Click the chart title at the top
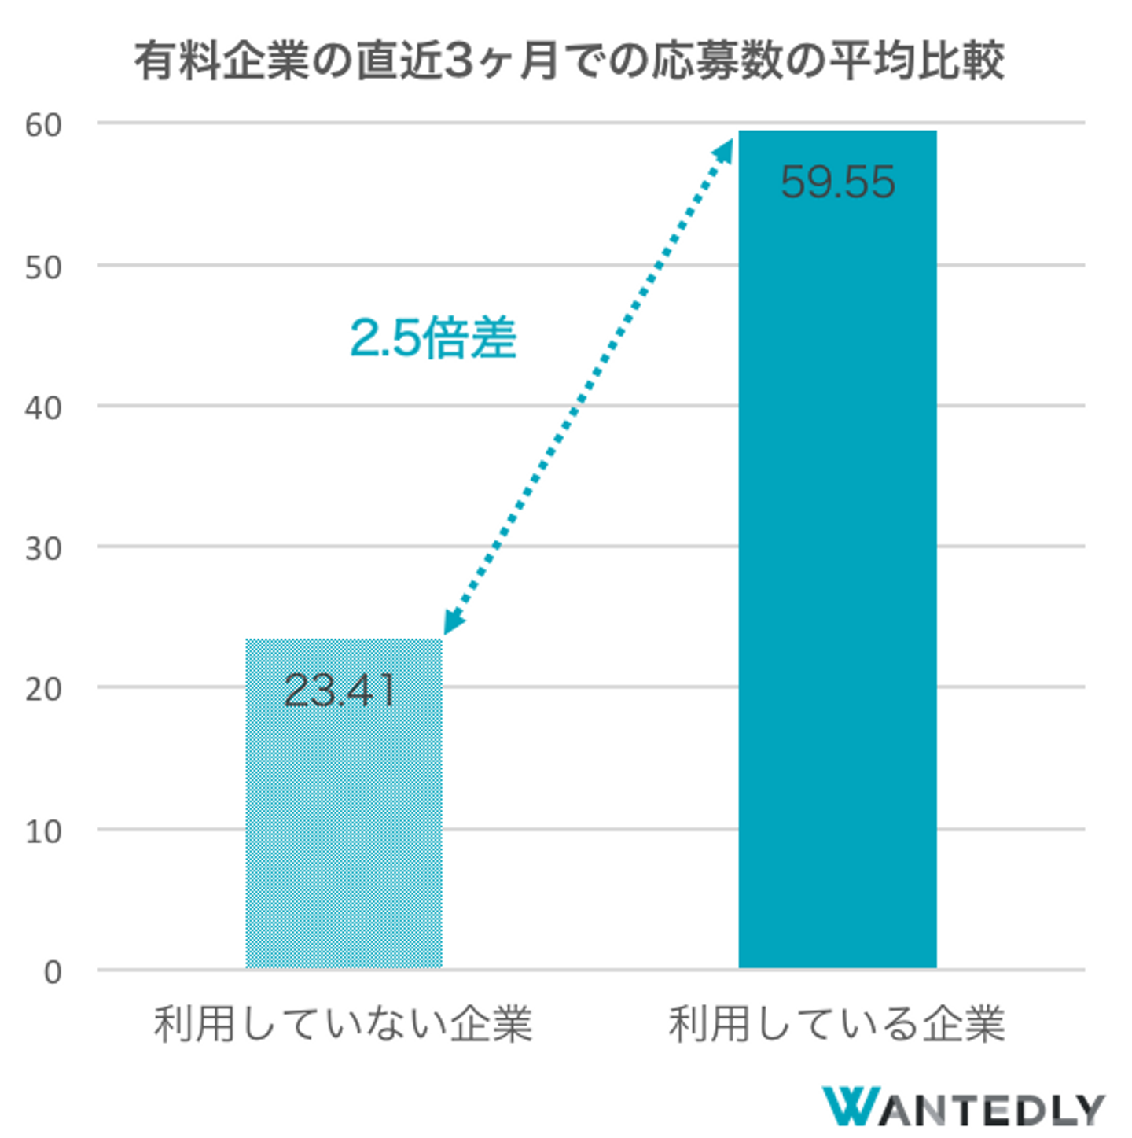coord(569,61)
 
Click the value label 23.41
coord(339,691)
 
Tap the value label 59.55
coord(837,182)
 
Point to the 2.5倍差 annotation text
coord(433,338)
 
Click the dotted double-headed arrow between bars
coord(588,386)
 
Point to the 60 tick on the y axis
coord(43,125)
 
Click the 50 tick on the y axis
coord(43,267)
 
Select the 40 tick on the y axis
coord(43,408)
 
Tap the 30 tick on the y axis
coord(43,549)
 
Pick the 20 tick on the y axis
coord(43,690)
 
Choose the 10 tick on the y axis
coord(43,831)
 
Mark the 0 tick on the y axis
coord(53,973)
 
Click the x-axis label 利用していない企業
coord(344,1024)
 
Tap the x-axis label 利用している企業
coord(837,1024)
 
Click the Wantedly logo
coord(963,1107)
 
